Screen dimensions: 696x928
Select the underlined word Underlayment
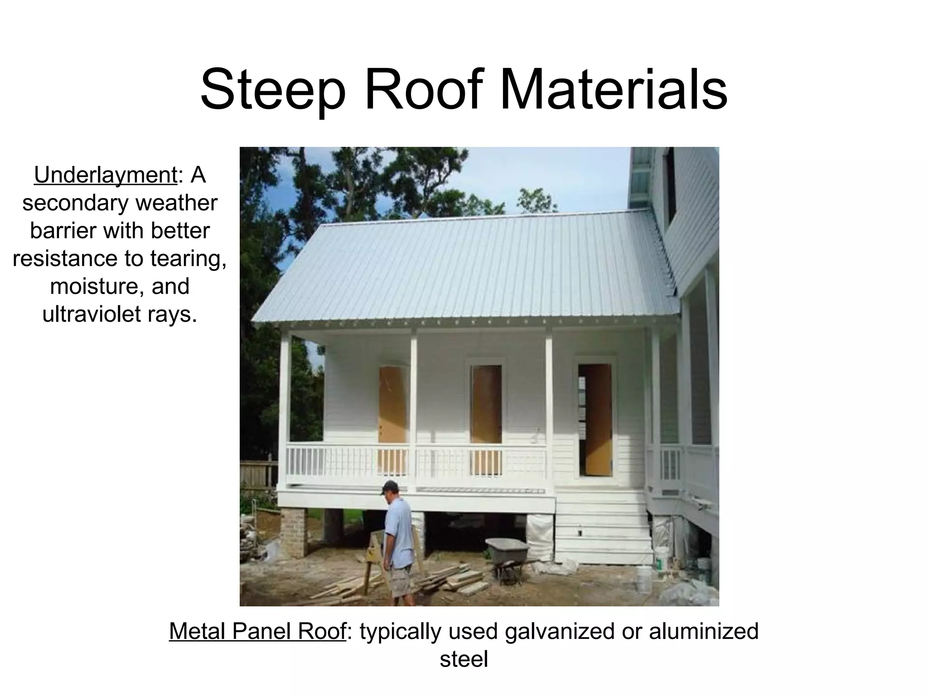coord(105,175)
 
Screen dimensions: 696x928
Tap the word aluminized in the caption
coord(703,631)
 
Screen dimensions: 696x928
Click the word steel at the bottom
coord(464,659)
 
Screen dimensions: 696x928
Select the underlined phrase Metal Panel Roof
coord(257,631)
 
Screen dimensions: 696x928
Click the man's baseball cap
coord(388,487)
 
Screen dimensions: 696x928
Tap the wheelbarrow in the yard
coord(507,553)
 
